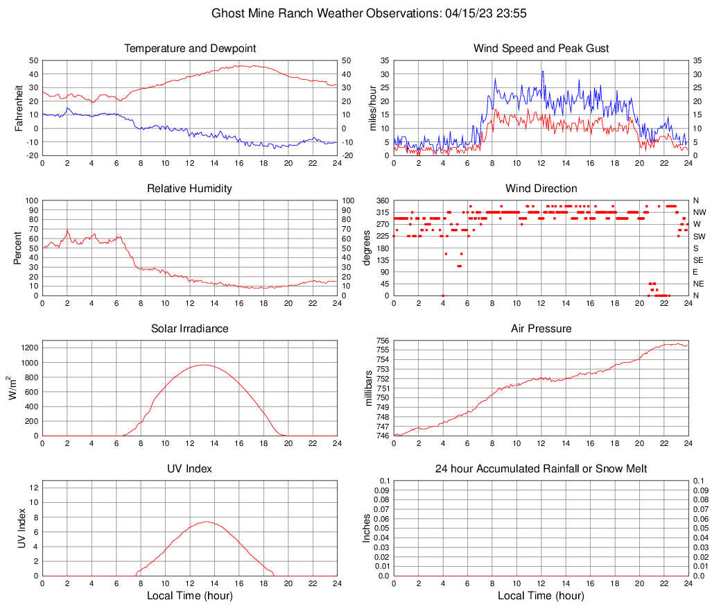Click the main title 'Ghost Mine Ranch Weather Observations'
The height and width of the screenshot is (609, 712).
tap(356, 13)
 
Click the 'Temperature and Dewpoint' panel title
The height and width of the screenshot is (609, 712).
tap(189, 49)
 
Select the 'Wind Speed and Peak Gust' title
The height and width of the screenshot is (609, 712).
tap(541, 49)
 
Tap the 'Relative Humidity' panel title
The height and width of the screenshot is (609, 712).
tap(189, 189)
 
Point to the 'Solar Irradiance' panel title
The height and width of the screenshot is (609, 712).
tap(189, 328)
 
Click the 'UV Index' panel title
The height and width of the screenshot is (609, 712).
tap(189, 469)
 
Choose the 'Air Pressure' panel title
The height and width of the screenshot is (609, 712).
tap(541, 328)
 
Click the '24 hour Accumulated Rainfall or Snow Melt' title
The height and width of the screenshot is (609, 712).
tap(541, 469)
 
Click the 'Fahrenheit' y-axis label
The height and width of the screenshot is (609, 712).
tap(19, 108)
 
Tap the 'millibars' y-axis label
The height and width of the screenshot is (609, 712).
tap(369, 388)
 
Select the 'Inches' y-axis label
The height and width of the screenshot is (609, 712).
tap(367, 528)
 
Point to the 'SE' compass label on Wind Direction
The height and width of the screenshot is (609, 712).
tap(699, 260)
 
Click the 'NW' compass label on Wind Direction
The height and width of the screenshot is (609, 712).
tap(700, 212)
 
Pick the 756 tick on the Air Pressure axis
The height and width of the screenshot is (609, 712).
tap(383, 341)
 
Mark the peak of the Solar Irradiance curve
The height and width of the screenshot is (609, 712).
tap(202, 364)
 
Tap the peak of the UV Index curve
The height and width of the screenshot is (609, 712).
tap(206, 522)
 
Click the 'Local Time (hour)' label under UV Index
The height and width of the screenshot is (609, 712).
tap(189, 596)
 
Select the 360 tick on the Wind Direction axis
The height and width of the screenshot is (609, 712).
tap(381, 200)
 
